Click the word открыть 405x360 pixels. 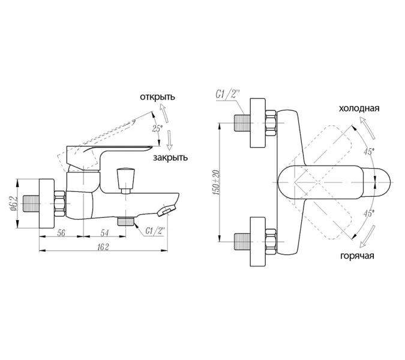[157, 97]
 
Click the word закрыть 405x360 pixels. [170, 158]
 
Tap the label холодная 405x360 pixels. [359, 108]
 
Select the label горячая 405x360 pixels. [357, 256]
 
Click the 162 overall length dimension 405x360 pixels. [103, 247]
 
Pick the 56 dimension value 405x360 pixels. [61, 233]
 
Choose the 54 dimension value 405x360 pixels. [104, 233]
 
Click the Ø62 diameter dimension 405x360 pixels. [14, 203]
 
